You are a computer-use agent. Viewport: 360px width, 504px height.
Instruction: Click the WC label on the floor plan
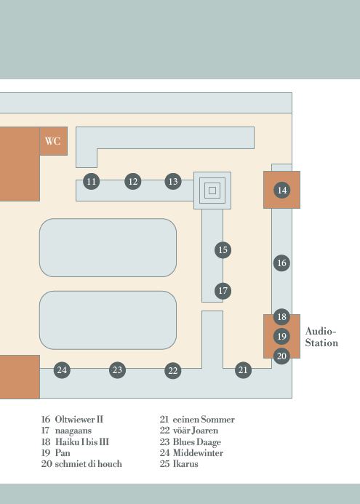pos(52,141)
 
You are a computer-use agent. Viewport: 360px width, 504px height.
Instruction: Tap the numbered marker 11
pos(92,181)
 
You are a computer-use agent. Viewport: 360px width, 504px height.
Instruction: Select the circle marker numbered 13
pos(173,181)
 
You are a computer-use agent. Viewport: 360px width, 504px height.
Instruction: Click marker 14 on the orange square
pos(282,190)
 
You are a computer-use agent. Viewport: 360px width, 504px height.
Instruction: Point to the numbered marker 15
pos(223,249)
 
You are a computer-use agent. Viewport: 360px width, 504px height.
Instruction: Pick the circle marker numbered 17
pos(223,291)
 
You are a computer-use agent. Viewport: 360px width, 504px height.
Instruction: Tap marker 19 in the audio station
pos(282,336)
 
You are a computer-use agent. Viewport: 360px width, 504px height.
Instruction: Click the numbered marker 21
pos(243,370)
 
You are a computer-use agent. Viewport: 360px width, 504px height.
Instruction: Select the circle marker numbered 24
pos(62,370)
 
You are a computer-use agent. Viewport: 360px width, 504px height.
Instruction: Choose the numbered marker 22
pos(173,371)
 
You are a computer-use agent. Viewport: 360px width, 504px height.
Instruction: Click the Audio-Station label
pos(321,337)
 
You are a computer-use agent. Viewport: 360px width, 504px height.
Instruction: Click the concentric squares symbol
pos(212,191)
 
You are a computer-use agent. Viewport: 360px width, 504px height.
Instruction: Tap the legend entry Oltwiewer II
pos(79,420)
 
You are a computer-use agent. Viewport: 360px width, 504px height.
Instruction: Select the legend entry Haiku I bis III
pos(82,441)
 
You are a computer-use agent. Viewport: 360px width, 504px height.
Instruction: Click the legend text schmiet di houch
pos(89,464)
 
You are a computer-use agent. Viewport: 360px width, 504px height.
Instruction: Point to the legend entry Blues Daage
pos(197,442)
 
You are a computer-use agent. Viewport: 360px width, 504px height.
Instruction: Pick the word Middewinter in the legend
pos(198,453)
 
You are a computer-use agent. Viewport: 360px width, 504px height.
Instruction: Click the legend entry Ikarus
pos(185,464)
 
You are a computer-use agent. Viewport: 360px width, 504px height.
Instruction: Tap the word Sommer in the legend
pos(217,420)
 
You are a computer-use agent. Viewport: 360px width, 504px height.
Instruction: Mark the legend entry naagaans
pos(73,431)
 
